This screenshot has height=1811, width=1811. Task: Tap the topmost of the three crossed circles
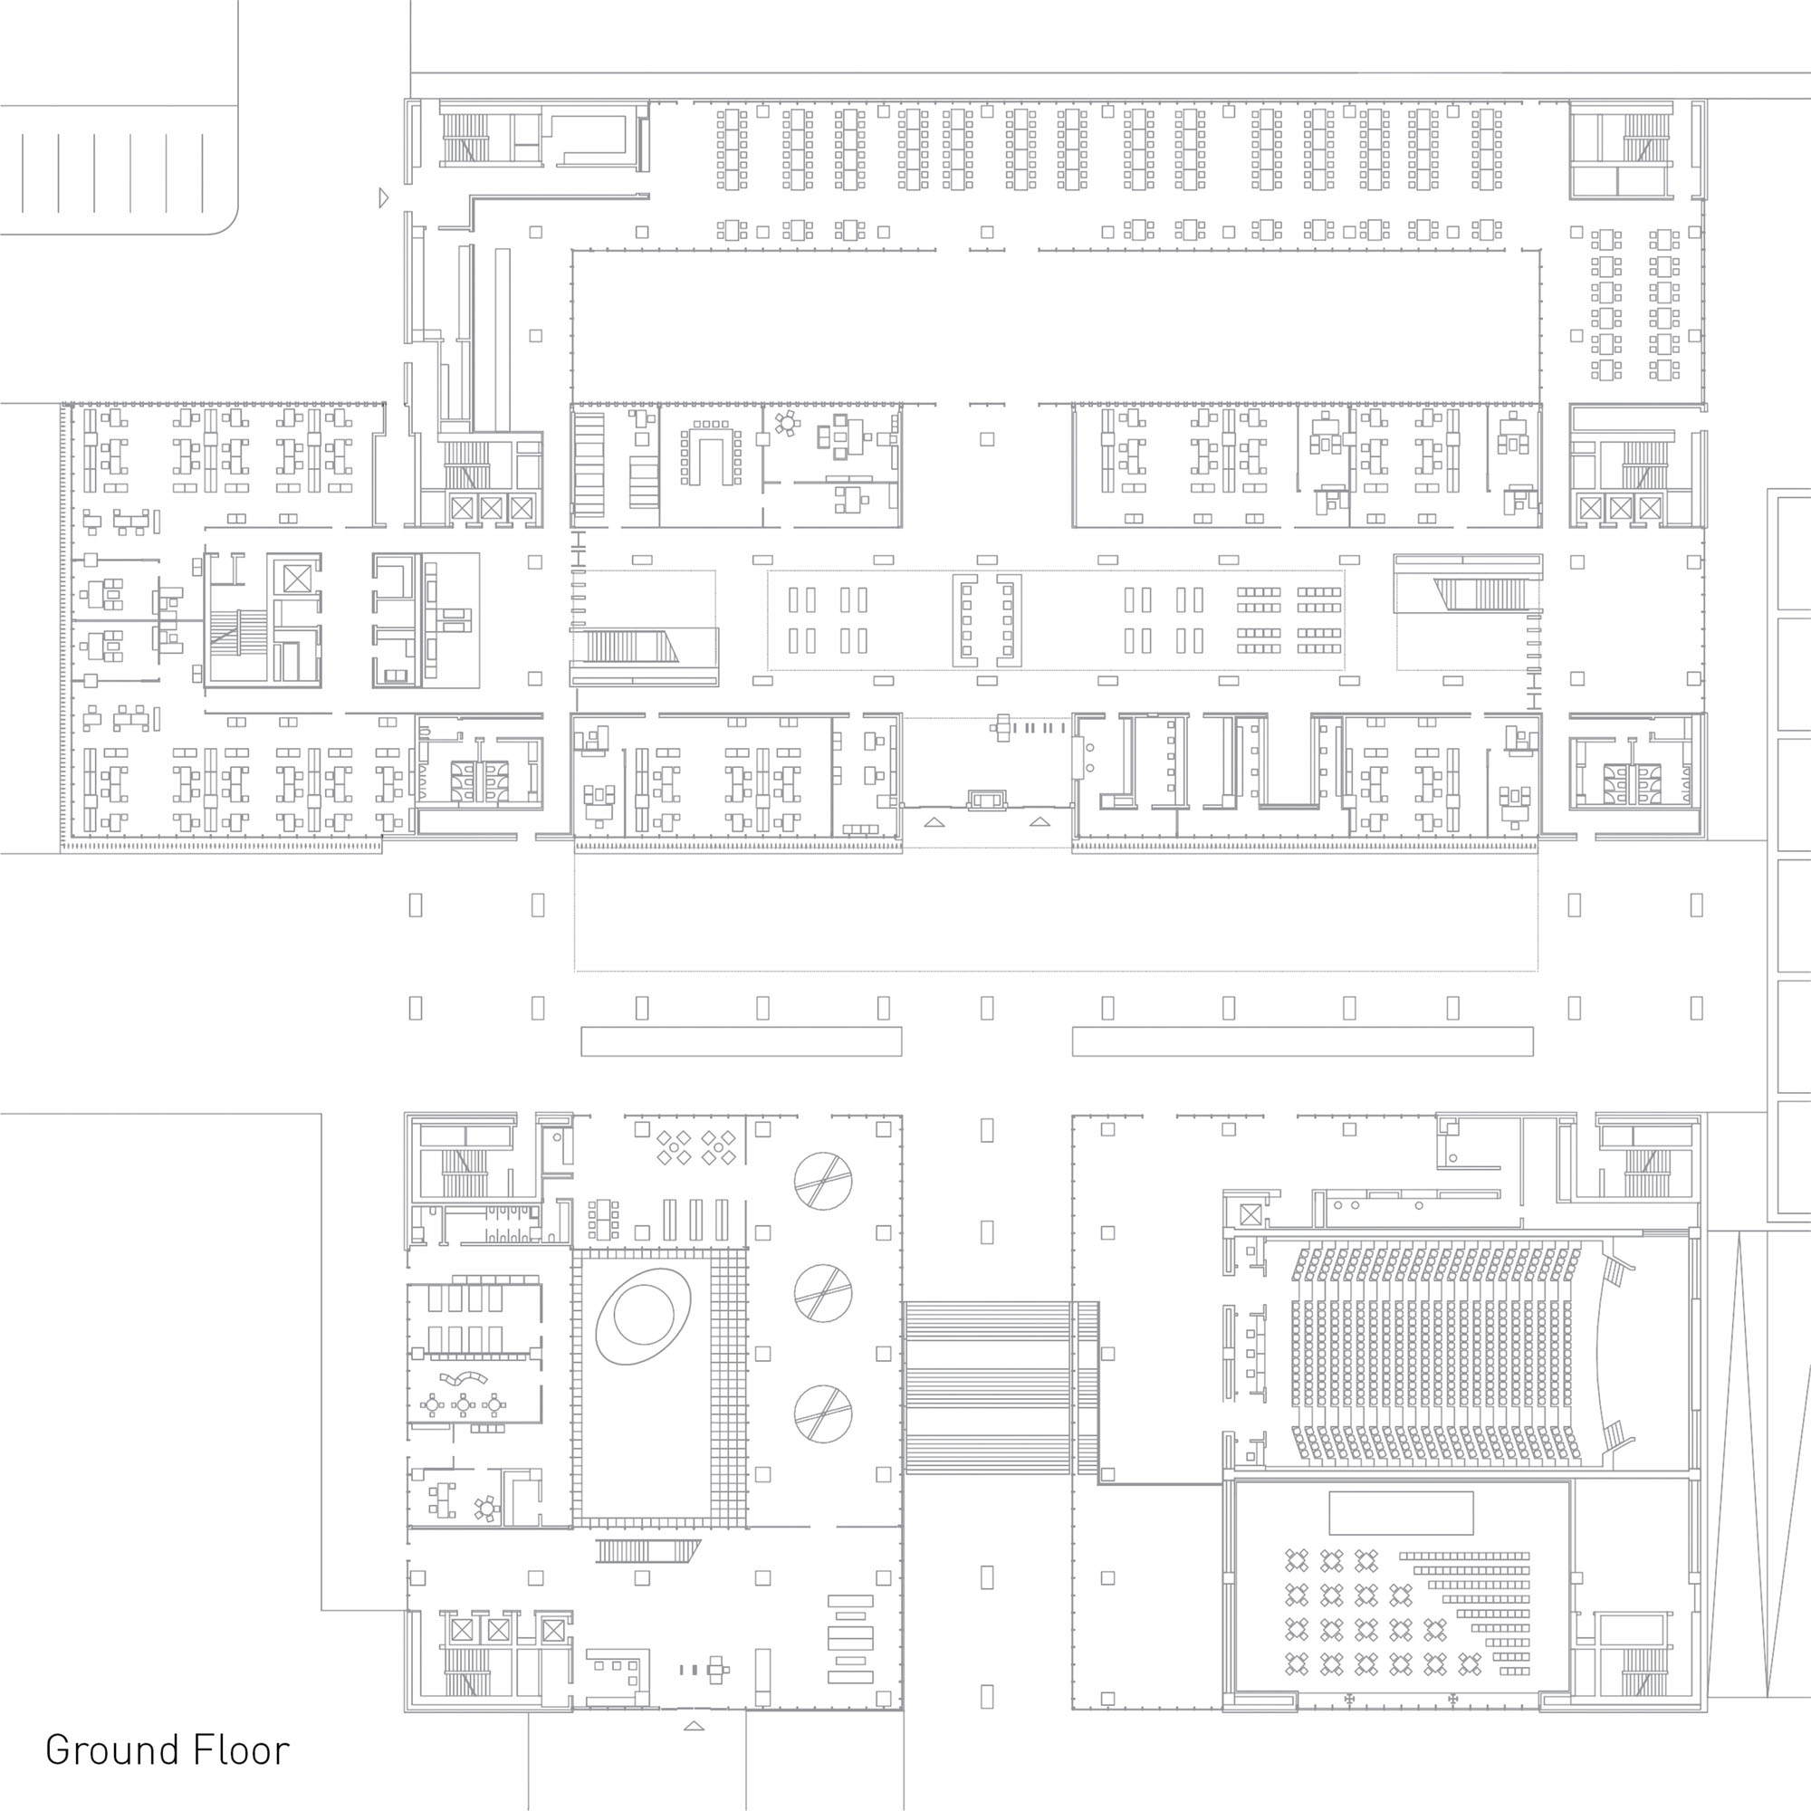pyautogui.click(x=823, y=1180)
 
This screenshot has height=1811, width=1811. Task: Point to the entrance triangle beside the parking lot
pyautogui.click(x=383, y=197)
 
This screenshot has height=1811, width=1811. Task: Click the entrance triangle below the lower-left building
pyautogui.click(x=694, y=1726)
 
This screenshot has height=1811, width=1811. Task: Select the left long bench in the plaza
pyautogui.click(x=741, y=1041)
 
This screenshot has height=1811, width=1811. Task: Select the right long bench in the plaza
pyautogui.click(x=1303, y=1041)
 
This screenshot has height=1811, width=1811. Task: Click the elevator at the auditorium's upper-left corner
pyautogui.click(x=1250, y=1215)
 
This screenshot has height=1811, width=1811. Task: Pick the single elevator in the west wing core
pyautogui.click(x=296, y=580)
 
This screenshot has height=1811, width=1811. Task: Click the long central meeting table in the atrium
pyautogui.click(x=987, y=620)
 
